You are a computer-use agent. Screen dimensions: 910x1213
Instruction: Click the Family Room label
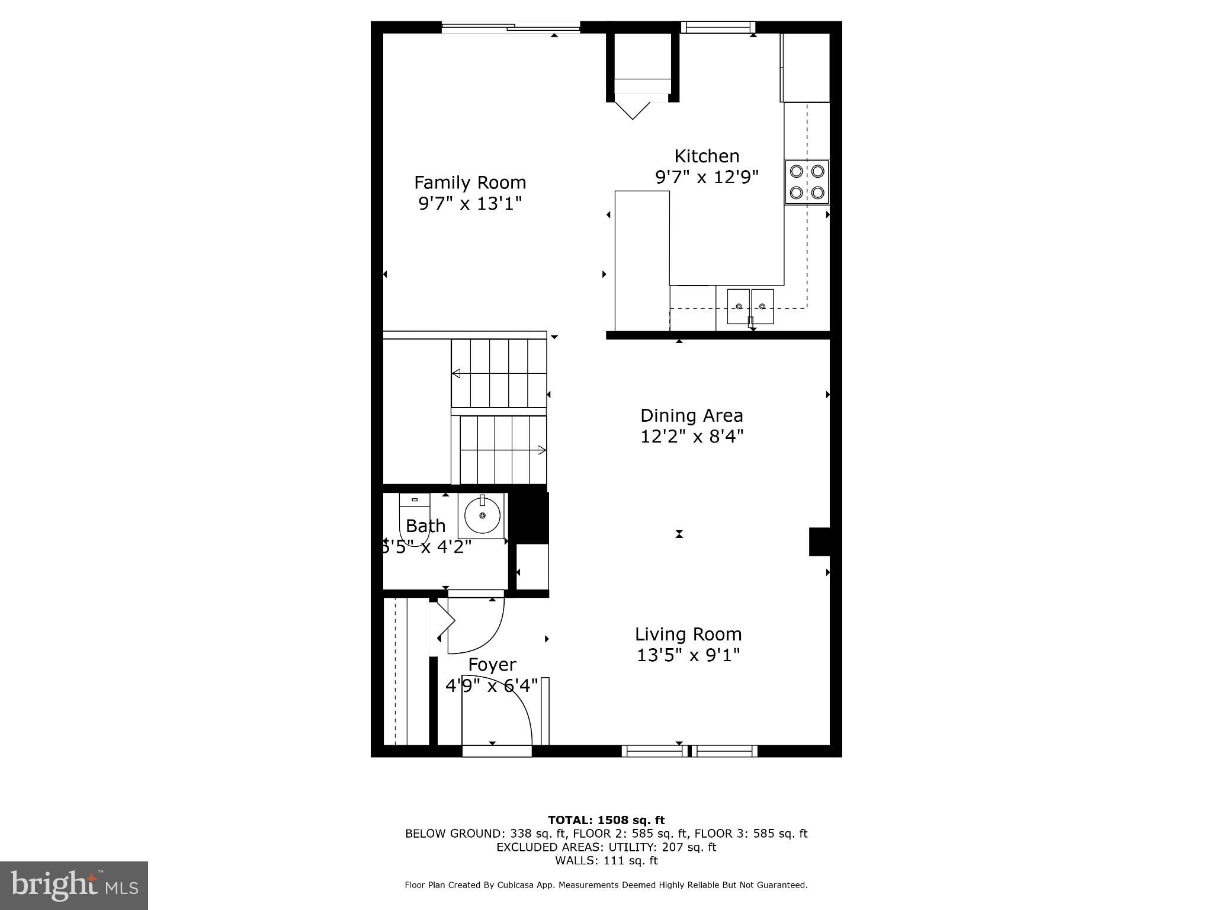pos(470,182)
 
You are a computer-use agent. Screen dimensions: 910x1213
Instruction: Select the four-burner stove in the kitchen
pos(807,182)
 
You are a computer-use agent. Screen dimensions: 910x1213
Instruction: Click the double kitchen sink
pos(750,306)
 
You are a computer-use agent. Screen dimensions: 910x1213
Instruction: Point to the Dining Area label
pos(691,415)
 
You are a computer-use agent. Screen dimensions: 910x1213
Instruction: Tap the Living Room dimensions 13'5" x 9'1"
pos(688,655)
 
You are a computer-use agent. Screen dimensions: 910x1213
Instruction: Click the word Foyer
pos(492,665)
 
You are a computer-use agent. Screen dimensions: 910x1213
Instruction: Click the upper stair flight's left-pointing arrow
pos(457,373)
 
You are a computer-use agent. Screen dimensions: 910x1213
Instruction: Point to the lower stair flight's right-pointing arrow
pos(541,450)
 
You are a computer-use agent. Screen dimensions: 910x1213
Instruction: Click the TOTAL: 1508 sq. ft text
pos(606,820)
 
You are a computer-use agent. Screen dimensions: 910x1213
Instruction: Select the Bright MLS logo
pos(74,885)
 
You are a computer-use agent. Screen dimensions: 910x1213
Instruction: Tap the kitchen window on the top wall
pos(718,27)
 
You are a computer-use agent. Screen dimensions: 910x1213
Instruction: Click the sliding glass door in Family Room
pos(511,27)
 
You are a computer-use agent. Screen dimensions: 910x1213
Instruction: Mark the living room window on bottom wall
pos(689,751)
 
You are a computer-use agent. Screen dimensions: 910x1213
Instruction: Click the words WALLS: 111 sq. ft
pos(606,860)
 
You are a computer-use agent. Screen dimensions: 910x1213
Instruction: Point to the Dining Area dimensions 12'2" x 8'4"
pos(691,437)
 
